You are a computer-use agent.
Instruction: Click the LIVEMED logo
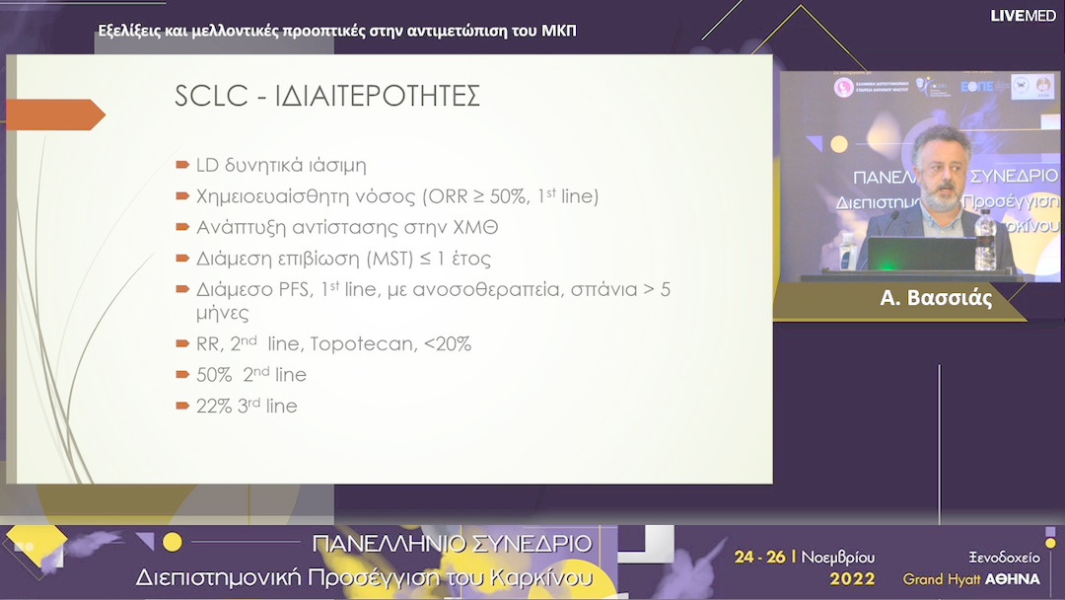[1023, 16]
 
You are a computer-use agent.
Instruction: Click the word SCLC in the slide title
[207, 96]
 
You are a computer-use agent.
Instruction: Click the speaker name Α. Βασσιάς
[936, 299]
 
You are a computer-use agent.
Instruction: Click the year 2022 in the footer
[852, 578]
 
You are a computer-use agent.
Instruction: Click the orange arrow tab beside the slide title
[55, 114]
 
